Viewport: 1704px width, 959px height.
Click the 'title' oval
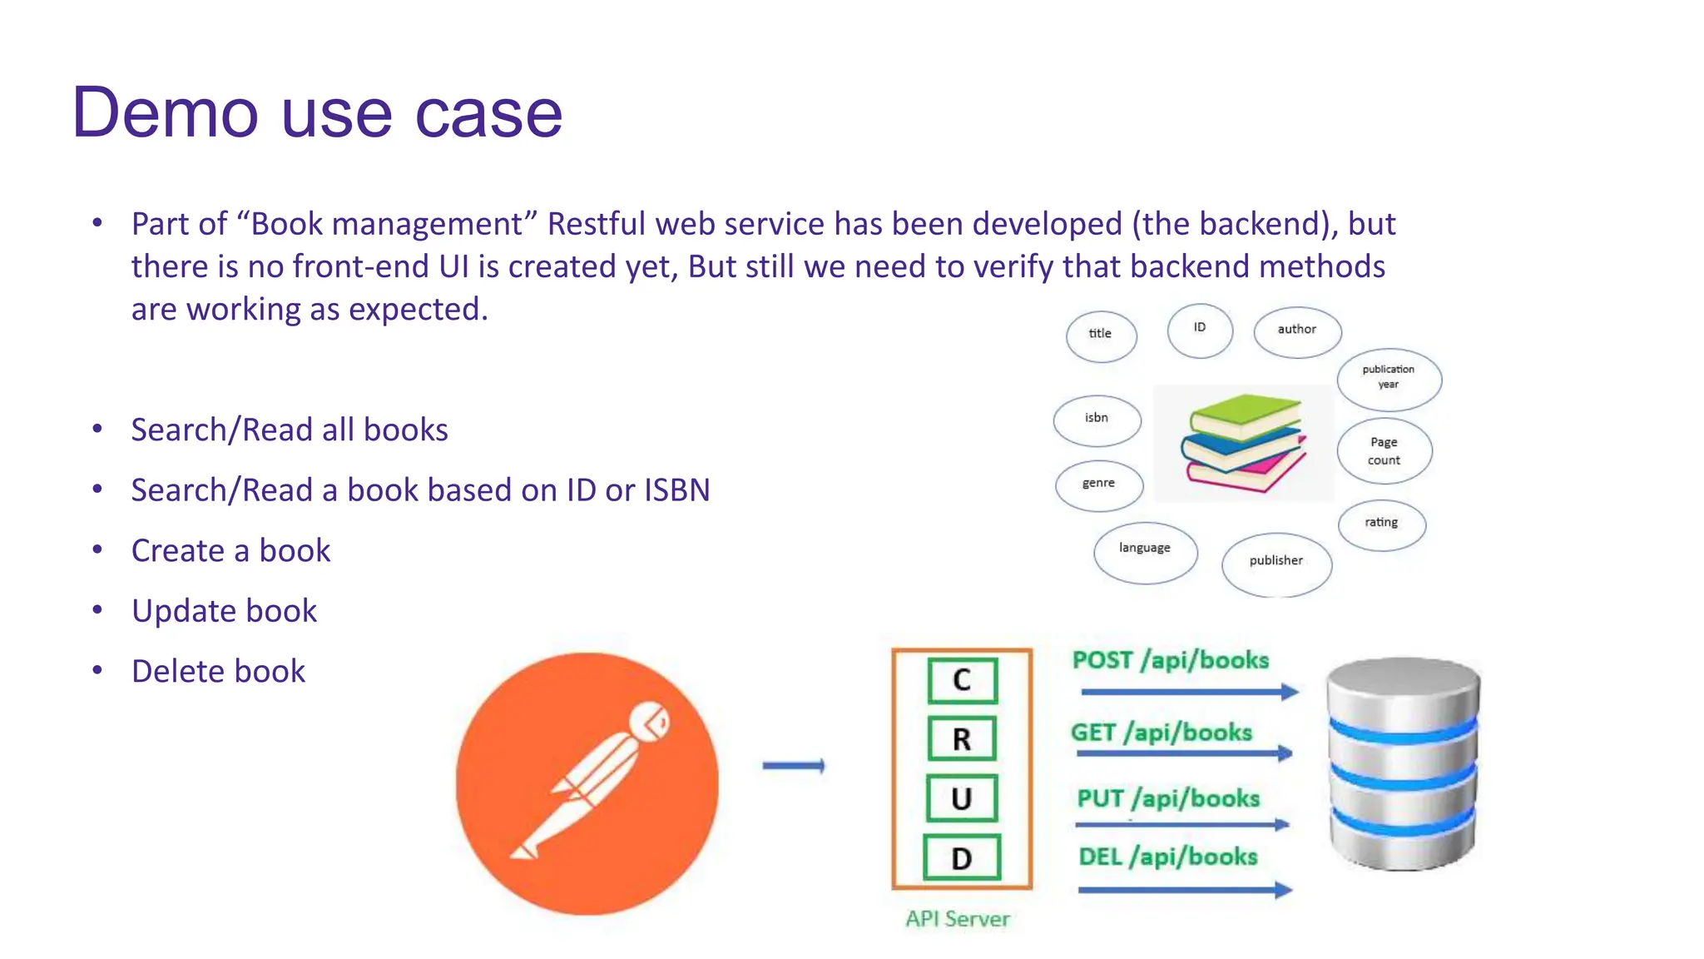pos(1101,335)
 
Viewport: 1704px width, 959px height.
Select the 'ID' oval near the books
pos(1199,330)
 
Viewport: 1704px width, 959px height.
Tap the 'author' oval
pos(1296,330)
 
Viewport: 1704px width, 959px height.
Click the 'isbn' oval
pos(1096,420)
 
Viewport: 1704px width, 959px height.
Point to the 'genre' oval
pos(1098,484)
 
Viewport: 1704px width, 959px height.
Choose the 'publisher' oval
pos(1276,564)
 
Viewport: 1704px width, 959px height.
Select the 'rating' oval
pos(1381,524)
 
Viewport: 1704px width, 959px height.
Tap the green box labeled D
pos(962,858)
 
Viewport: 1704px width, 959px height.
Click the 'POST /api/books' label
pos(1170,660)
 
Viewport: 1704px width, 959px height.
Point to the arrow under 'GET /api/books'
pos(1183,753)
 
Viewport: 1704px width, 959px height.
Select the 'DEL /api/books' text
pos(1167,857)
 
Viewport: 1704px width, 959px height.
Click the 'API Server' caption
pos(958,919)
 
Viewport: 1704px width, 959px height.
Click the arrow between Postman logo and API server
pos(793,766)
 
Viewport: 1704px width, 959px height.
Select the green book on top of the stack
pos(1245,414)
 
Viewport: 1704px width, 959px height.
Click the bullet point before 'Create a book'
pos(97,550)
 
